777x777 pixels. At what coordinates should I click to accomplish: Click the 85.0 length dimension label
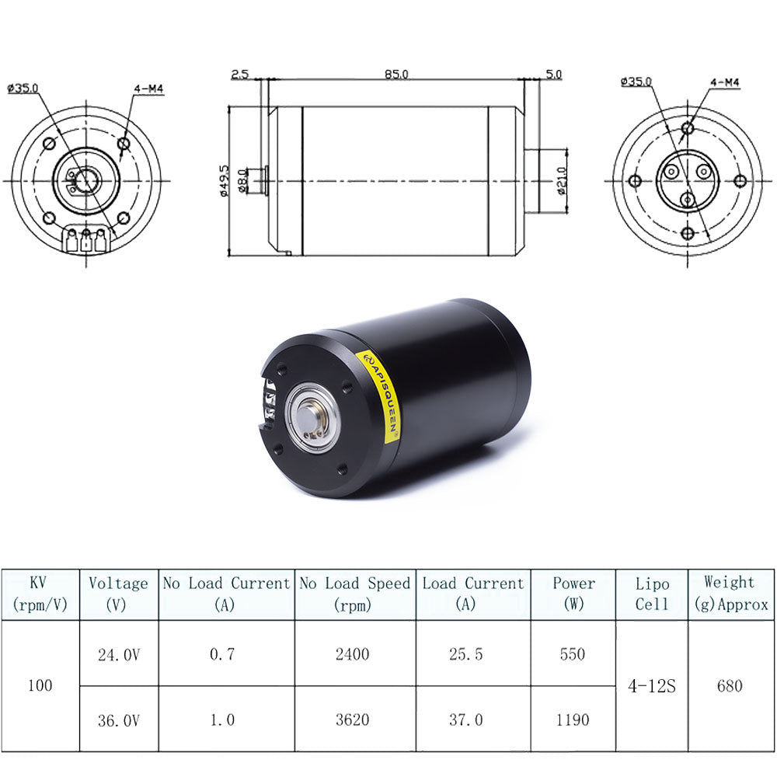click(395, 74)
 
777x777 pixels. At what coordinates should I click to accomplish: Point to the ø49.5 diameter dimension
click(225, 180)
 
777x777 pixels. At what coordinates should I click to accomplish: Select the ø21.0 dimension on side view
click(561, 180)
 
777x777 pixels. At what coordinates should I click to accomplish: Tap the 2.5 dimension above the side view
click(239, 74)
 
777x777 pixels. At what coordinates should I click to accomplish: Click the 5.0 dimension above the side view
click(554, 74)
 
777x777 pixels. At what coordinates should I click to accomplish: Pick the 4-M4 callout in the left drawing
click(148, 89)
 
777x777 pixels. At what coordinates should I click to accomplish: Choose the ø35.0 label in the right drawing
click(636, 81)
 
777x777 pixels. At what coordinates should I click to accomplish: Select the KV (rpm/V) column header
click(40, 594)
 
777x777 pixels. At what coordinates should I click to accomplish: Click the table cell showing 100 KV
click(40, 686)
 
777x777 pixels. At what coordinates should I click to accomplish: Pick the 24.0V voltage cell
click(119, 654)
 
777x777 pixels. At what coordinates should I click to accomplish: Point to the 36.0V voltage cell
click(119, 720)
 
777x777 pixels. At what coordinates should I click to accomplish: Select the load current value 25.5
click(465, 654)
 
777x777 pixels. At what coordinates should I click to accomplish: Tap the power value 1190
click(573, 720)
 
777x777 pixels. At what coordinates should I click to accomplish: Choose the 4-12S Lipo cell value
click(651, 686)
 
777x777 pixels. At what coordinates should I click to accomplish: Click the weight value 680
click(730, 686)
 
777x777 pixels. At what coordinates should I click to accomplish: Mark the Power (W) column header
click(573, 594)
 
